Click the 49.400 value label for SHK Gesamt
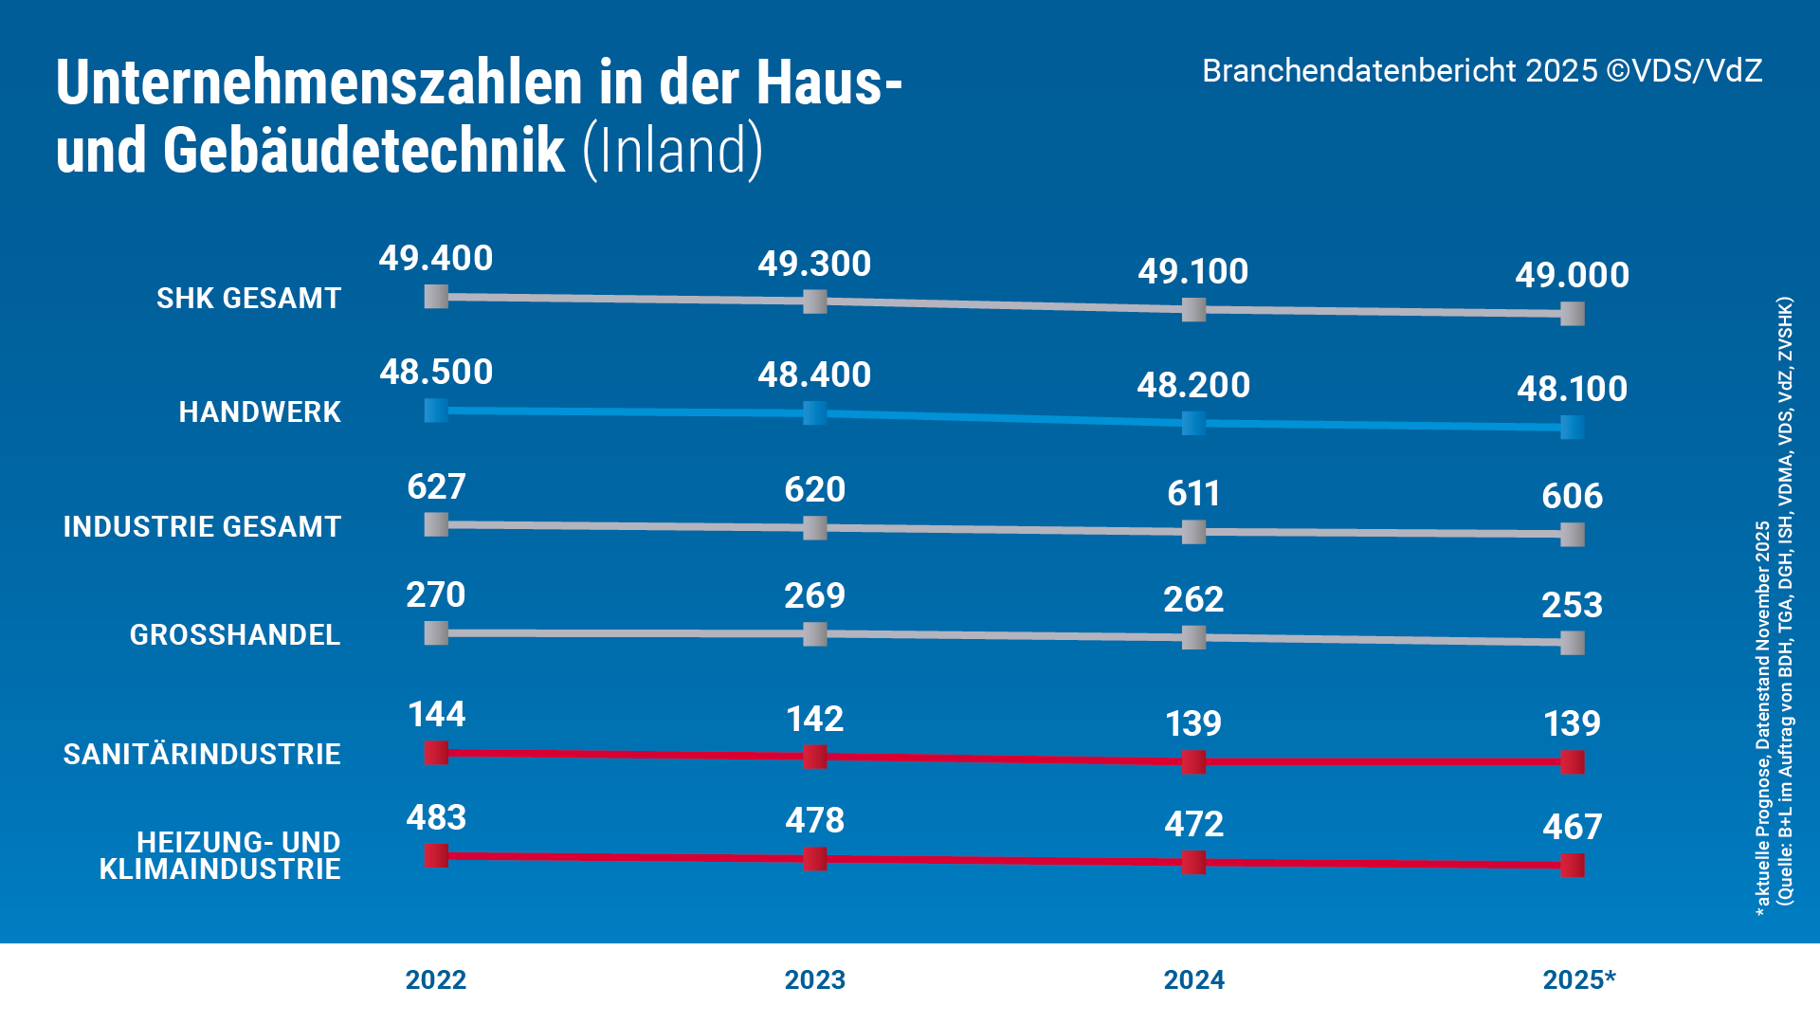click(436, 258)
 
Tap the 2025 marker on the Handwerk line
click(1572, 428)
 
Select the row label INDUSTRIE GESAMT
click(202, 526)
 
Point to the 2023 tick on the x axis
click(814, 979)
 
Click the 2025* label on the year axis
click(1578, 979)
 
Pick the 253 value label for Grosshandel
click(1572, 605)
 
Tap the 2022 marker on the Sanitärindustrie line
click(436, 753)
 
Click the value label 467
click(1572, 827)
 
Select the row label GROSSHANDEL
click(235, 634)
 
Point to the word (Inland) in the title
click(672, 151)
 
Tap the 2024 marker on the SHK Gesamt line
click(1193, 309)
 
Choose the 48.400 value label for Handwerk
click(814, 375)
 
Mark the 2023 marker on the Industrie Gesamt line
click(814, 528)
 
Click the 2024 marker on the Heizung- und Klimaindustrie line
click(1193, 862)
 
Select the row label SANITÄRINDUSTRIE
click(202, 754)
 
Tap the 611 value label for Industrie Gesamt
click(1193, 493)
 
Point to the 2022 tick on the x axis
click(436, 979)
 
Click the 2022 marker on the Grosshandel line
click(436, 632)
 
